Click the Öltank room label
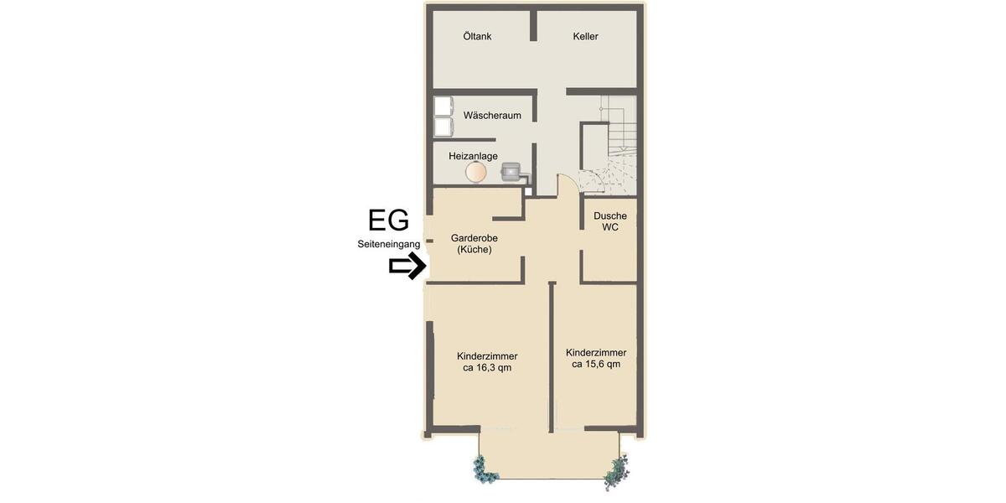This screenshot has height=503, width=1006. [x=477, y=37]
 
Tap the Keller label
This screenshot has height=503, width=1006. [x=585, y=37]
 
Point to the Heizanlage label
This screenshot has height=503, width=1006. [x=473, y=156]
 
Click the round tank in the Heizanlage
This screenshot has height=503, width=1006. [x=475, y=173]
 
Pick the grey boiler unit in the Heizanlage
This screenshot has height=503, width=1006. [x=511, y=172]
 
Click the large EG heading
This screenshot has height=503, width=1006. [x=389, y=220]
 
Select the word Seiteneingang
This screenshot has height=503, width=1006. [x=388, y=244]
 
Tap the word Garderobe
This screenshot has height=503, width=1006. [x=474, y=238]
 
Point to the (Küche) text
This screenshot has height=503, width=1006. [x=474, y=250]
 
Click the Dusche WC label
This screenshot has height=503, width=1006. [x=609, y=221]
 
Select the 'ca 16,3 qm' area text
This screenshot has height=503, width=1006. [x=487, y=368]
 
